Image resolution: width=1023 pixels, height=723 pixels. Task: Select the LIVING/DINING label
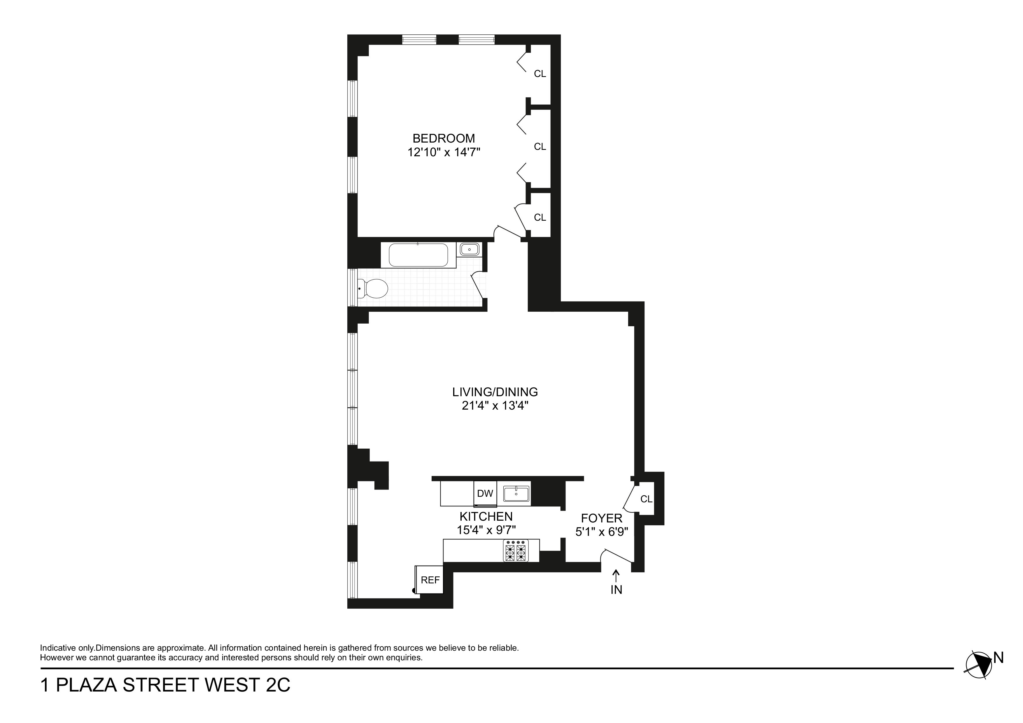coord(495,392)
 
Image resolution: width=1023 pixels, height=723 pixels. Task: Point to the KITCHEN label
coord(486,516)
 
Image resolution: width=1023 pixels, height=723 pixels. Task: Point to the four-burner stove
coord(516,551)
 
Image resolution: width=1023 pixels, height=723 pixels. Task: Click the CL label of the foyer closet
coord(646,499)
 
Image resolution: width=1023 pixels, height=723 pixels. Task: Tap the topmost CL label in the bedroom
coord(539,74)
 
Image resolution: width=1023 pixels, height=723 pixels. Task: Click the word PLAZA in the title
coord(87,685)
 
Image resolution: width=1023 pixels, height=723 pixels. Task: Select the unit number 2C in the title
coord(278,685)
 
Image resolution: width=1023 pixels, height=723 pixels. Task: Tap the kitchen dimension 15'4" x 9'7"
coord(486,530)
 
